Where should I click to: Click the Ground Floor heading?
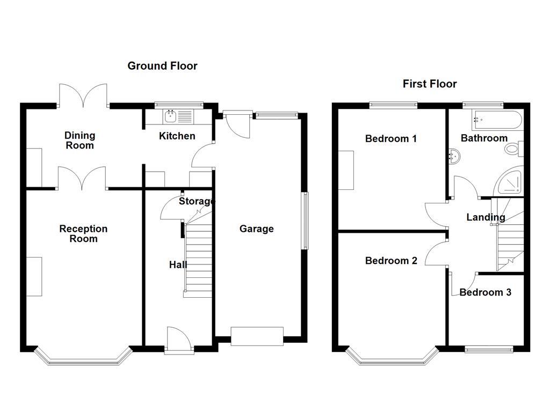[162, 66]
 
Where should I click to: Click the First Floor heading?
[430, 84]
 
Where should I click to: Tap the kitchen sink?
[171, 115]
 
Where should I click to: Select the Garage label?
[256, 229]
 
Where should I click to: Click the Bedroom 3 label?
[485, 292]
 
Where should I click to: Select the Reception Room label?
[83, 234]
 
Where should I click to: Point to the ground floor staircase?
[199, 257]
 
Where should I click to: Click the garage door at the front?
[257, 336]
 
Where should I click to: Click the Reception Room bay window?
[83, 359]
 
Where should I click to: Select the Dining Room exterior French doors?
[83, 97]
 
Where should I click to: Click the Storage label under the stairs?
[197, 202]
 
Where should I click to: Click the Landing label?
[486, 217]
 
